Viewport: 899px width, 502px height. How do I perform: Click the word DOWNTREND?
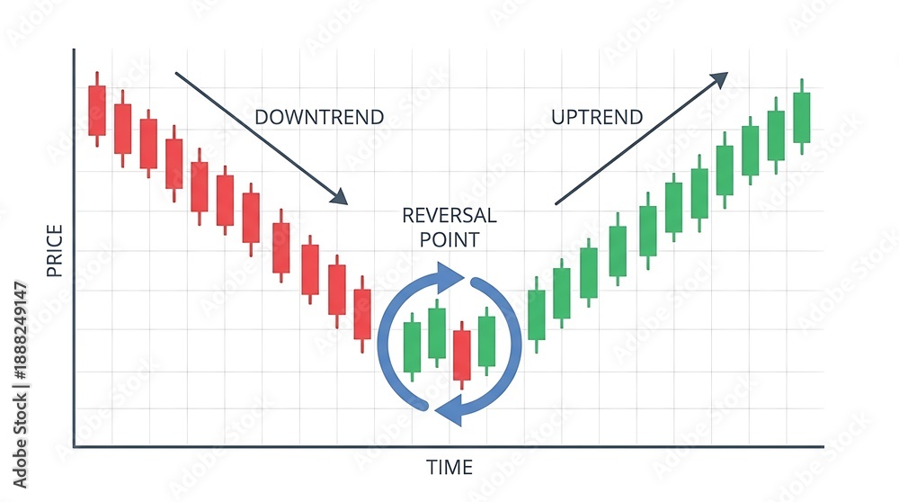pos(319,117)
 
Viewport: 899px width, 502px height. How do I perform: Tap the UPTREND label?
pos(597,117)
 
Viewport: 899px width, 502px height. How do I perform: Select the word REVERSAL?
pos(449,216)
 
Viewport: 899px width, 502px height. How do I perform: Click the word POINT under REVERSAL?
pos(449,240)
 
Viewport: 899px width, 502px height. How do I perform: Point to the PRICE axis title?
pos(55,251)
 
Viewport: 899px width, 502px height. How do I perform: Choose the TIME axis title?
pos(449,468)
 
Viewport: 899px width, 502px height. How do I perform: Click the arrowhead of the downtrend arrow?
pos(340,197)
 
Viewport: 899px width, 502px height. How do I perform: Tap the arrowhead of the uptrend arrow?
pos(719,79)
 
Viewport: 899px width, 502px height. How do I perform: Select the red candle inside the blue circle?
pos(461,355)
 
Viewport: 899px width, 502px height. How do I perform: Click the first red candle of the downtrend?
pos(97,110)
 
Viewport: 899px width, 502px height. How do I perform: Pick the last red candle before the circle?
pos(362,314)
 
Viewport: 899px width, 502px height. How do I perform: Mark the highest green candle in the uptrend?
pos(802,118)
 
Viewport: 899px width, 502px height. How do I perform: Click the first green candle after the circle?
pos(537,314)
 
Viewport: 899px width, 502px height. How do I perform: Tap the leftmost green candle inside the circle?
pos(413,347)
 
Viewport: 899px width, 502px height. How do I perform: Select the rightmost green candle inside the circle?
pos(486,341)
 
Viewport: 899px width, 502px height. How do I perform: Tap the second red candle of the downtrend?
pos(122,129)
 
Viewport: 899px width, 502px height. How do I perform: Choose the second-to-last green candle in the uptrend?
pos(776,136)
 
